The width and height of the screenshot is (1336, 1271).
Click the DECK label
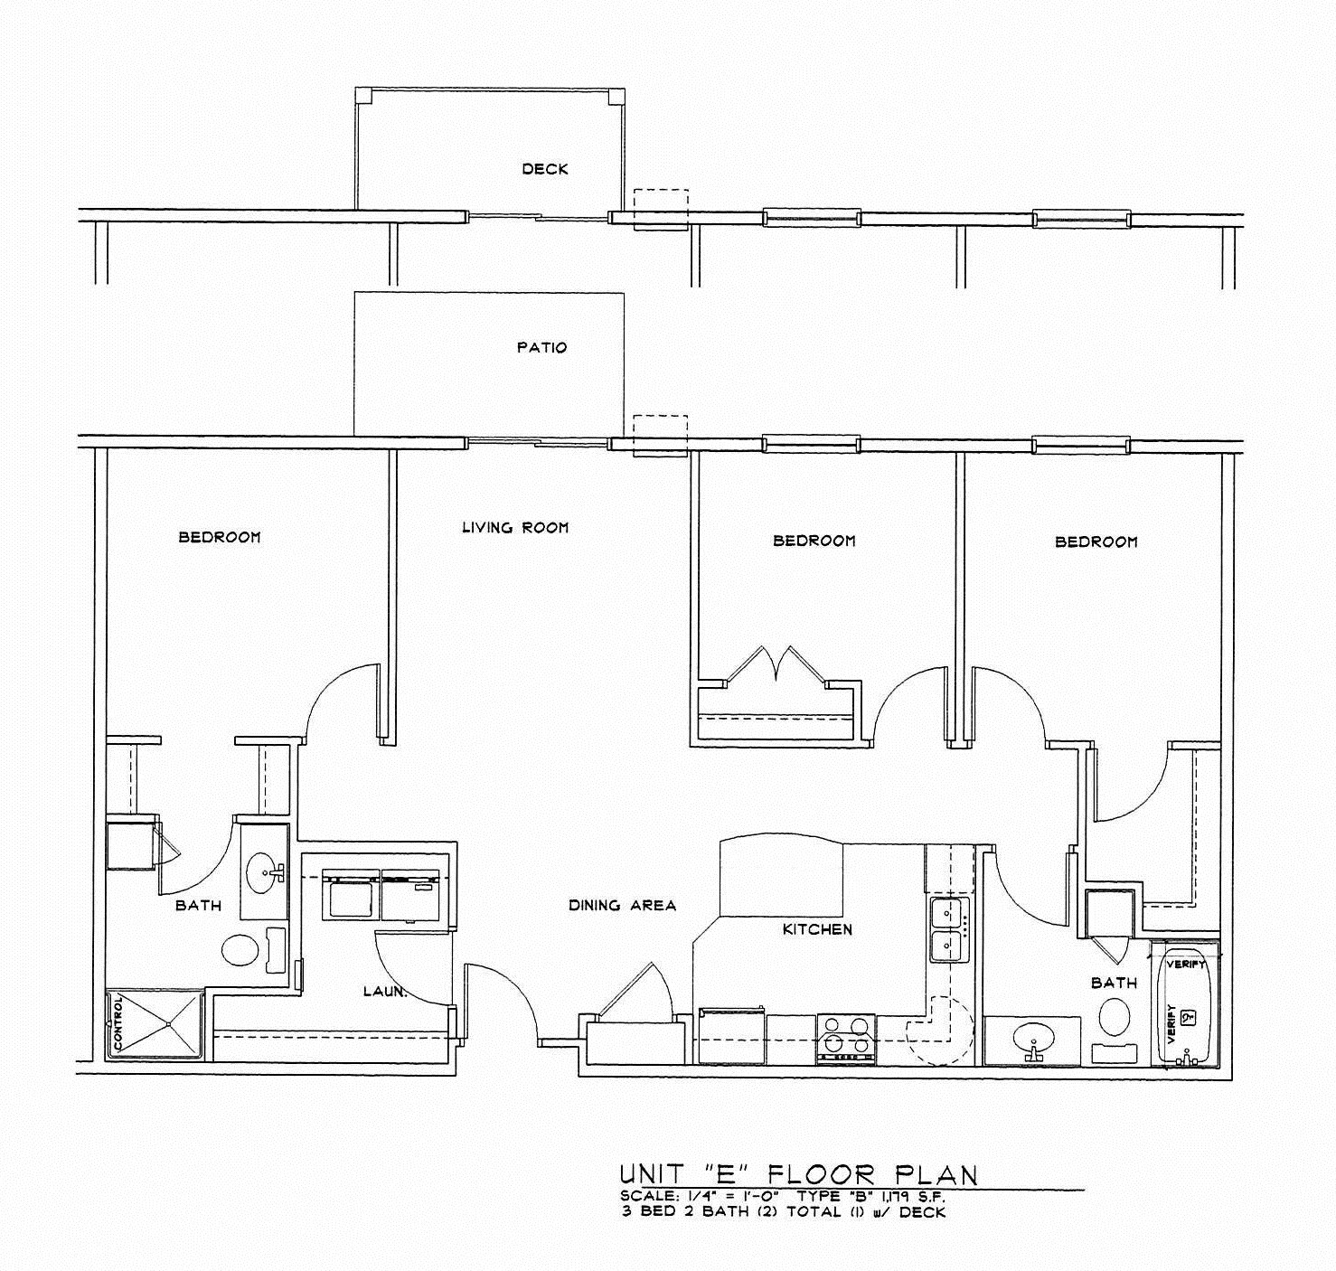pyautogui.click(x=545, y=169)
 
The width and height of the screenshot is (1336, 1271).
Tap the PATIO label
pyautogui.click(x=541, y=347)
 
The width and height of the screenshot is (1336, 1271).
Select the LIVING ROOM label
pyautogui.click(x=515, y=527)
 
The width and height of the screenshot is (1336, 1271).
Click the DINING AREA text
pyautogui.click(x=622, y=905)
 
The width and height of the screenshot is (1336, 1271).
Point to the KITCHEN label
pyautogui.click(x=817, y=929)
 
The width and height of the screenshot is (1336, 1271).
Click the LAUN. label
pyautogui.click(x=385, y=992)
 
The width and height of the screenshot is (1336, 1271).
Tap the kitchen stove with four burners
pyautogui.click(x=846, y=1036)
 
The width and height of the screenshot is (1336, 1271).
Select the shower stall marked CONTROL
pyautogui.click(x=155, y=1024)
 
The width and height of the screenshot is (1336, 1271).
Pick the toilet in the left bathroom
pyautogui.click(x=240, y=950)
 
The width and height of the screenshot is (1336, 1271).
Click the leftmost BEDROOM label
pyautogui.click(x=220, y=537)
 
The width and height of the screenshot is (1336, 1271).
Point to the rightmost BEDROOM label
pyautogui.click(x=1096, y=541)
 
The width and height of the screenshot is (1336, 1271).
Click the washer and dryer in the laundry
pyautogui.click(x=381, y=896)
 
